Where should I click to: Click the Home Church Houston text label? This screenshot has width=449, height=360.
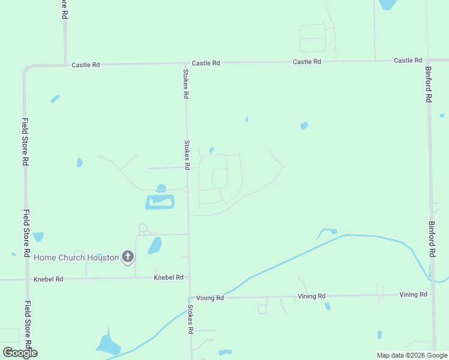coord(76,257)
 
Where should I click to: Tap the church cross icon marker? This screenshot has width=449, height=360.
coord(127,257)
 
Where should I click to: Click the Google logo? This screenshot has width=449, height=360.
coord(20,352)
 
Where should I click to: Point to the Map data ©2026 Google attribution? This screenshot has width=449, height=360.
coord(412,355)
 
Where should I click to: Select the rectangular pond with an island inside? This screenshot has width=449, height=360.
coord(160,202)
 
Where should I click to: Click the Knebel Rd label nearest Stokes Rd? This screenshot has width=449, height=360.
coord(168,277)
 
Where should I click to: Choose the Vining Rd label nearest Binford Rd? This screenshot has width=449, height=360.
coord(413,294)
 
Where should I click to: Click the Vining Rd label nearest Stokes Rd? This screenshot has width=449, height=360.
coord(210,298)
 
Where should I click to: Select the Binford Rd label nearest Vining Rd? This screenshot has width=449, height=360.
coord(432,239)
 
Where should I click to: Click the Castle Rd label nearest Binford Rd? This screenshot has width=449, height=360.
coord(408,61)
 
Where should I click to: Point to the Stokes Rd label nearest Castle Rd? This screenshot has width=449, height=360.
coord(186,83)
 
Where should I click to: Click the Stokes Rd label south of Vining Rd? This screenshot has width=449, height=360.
coord(190,319)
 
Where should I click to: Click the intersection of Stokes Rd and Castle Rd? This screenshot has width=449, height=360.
coord(185,62)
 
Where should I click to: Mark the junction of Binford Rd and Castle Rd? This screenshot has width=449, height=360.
coord(427,60)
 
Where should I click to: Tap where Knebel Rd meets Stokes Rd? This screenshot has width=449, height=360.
coord(189,277)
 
